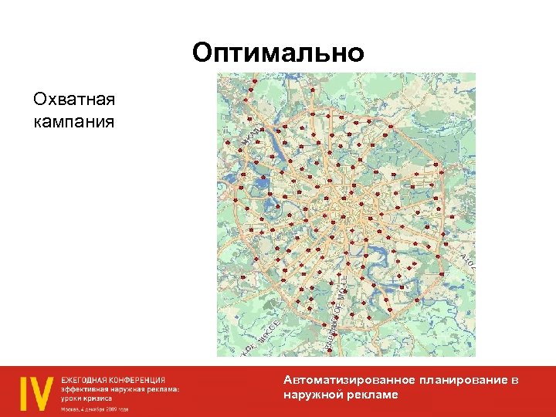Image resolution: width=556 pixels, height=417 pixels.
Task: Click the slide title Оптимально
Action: tap(278, 53)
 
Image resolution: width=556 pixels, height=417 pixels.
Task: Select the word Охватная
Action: tap(73, 100)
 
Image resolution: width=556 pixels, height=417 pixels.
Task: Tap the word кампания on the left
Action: tap(73, 122)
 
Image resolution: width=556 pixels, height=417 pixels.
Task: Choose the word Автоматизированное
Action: tap(350, 380)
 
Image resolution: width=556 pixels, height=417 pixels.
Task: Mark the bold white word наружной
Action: tap(311, 395)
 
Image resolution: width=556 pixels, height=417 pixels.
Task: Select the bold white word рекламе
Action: tap(374, 395)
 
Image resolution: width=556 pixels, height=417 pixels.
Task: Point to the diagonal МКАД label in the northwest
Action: tap(251, 134)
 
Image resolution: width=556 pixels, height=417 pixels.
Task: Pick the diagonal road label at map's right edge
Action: tap(467, 259)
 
